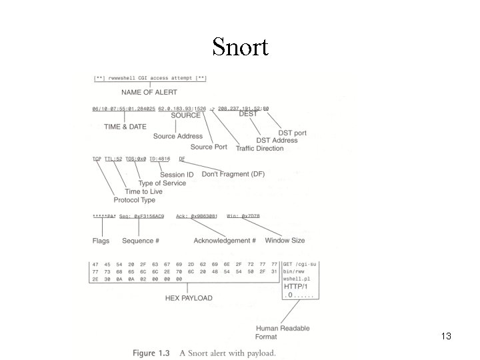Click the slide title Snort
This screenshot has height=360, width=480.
click(240, 47)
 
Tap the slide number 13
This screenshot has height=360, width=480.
click(446, 337)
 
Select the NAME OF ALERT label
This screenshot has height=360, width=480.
click(149, 91)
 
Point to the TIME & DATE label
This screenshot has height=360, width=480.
click(124, 126)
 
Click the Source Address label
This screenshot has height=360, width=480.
click(177, 136)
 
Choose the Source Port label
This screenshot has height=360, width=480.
click(209, 147)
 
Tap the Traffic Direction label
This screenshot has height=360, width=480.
click(259, 148)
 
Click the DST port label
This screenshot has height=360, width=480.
click(293, 133)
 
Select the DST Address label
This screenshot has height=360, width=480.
click(277, 140)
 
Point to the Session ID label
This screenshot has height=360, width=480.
click(177, 175)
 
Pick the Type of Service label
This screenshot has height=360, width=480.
click(162, 183)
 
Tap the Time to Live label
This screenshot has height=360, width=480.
click(143, 191)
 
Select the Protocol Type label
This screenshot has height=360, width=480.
click(134, 200)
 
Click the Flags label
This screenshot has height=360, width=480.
click(101, 240)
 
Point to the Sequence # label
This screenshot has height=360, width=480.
click(140, 240)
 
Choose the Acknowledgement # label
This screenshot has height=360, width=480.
click(225, 240)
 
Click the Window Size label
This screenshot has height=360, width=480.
click(285, 240)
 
